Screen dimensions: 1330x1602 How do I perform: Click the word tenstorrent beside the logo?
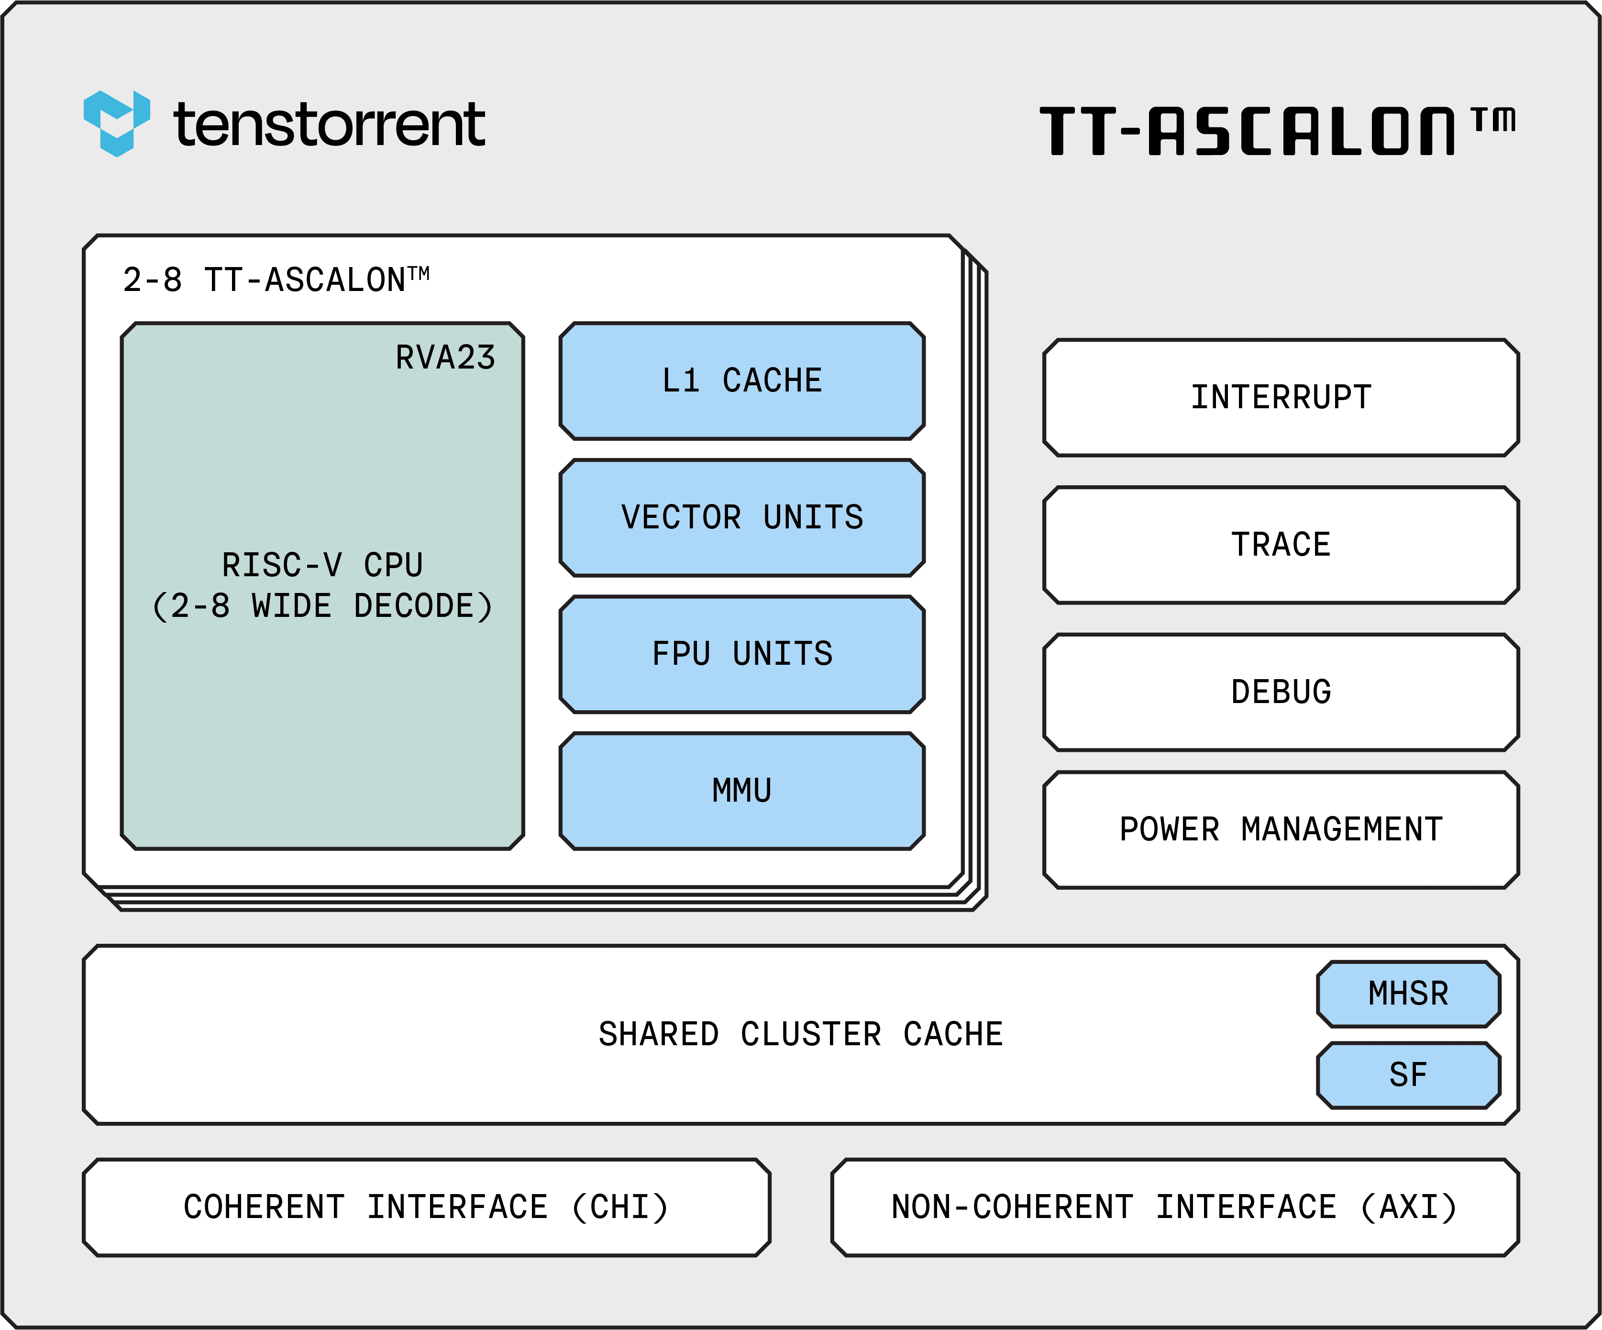[x=330, y=124]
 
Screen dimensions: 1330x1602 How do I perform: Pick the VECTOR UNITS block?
[x=741, y=517]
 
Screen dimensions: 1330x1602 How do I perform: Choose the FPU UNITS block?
[x=741, y=654]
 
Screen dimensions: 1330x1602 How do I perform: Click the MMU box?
[x=741, y=791]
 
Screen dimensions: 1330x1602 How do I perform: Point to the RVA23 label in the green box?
[x=445, y=357]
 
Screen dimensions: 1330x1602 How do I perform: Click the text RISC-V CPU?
[x=322, y=565]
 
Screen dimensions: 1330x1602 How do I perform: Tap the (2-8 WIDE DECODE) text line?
[x=322, y=606]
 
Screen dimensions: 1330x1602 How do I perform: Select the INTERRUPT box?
[x=1281, y=398]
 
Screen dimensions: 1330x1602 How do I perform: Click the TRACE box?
[x=1281, y=545]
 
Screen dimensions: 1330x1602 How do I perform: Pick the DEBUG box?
[x=1281, y=692]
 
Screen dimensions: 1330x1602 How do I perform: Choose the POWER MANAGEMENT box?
[x=1281, y=829]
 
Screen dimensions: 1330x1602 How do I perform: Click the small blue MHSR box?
[x=1408, y=994]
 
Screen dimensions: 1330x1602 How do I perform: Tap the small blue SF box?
[x=1408, y=1074]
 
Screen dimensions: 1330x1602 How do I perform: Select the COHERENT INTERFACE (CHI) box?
[x=426, y=1207]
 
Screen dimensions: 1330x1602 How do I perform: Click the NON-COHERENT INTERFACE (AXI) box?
[x=1175, y=1207]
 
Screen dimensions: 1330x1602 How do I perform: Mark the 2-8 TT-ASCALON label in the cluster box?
[x=276, y=280]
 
